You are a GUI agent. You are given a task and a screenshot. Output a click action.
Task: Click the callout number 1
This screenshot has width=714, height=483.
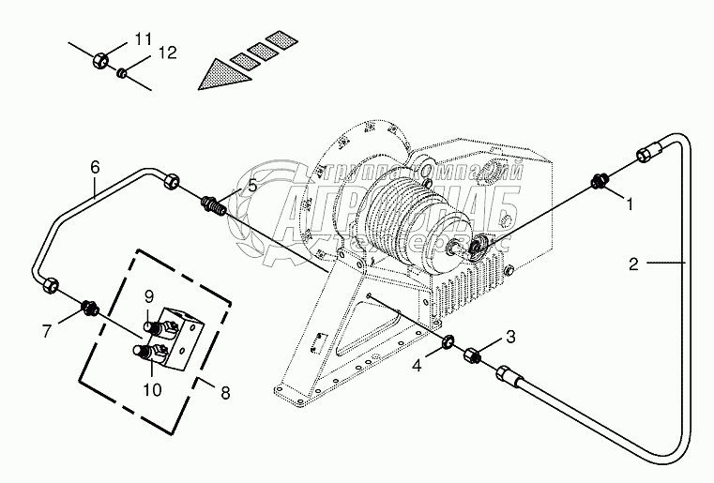pyautogui.click(x=630, y=202)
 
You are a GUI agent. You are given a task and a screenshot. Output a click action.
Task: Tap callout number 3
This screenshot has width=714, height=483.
pyautogui.click(x=510, y=335)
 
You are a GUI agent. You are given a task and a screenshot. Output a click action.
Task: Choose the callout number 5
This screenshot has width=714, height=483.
pyautogui.click(x=251, y=186)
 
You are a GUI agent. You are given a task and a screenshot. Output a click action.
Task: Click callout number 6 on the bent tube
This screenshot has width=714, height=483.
pyautogui.click(x=95, y=168)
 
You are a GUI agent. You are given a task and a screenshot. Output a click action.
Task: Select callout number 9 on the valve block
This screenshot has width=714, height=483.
pyautogui.click(x=149, y=298)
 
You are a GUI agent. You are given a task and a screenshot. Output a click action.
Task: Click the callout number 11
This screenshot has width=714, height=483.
pyautogui.click(x=142, y=38)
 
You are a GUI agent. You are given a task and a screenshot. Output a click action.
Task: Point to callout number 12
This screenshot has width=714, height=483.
pyautogui.click(x=166, y=54)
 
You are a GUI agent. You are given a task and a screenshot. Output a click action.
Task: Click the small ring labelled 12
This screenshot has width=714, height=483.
pyautogui.click(x=123, y=70)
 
